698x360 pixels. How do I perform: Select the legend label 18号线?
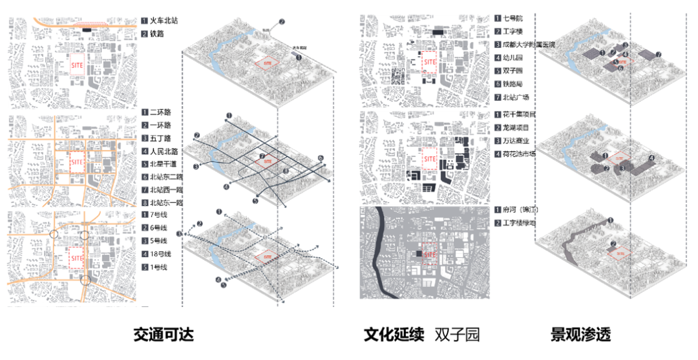[x=160, y=254]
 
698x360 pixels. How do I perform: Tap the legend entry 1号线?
[x=158, y=267]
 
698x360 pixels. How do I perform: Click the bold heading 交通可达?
[x=164, y=335]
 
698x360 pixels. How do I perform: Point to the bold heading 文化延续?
[x=394, y=335]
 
